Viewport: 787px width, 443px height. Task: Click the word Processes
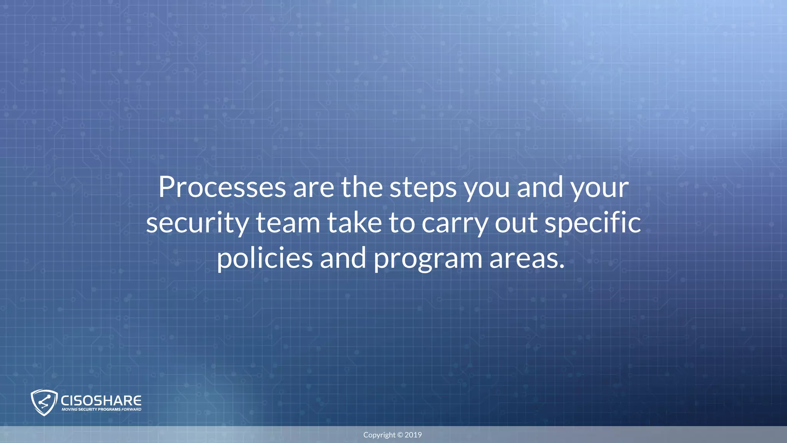pyautogui.click(x=222, y=187)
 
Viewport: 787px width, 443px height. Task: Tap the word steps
pyautogui.click(x=423, y=187)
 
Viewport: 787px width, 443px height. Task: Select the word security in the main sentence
pyautogui.click(x=197, y=223)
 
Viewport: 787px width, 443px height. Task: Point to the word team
pyautogui.click(x=288, y=223)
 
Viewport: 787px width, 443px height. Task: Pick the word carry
pyautogui.click(x=455, y=223)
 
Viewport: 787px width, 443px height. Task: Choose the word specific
pyautogui.click(x=593, y=223)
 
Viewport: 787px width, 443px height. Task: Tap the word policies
pyautogui.click(x=265, y=258)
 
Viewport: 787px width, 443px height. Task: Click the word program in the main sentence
pyautogui.click(x=428, y=258)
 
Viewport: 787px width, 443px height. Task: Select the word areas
pyautogui.click(x=526, y=258)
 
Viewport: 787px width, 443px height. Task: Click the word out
pyautogui.click(x=516, y=223)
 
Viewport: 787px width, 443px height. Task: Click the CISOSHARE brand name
pyautogui.click(x=101, y=400)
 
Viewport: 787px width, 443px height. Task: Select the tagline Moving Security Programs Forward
pyautogui.click(x=101, y=410)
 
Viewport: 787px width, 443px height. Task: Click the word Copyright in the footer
pyautogui.click(x=379, y=435)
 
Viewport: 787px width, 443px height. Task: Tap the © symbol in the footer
pyautogui.click(x=400, y=435)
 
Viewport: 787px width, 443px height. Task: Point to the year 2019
pyautogui.click(x=413, y=435)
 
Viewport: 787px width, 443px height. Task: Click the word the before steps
pyautogui.click(x=362, y=187)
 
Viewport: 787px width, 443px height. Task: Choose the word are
pyautogui.click(x=314, y=187)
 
